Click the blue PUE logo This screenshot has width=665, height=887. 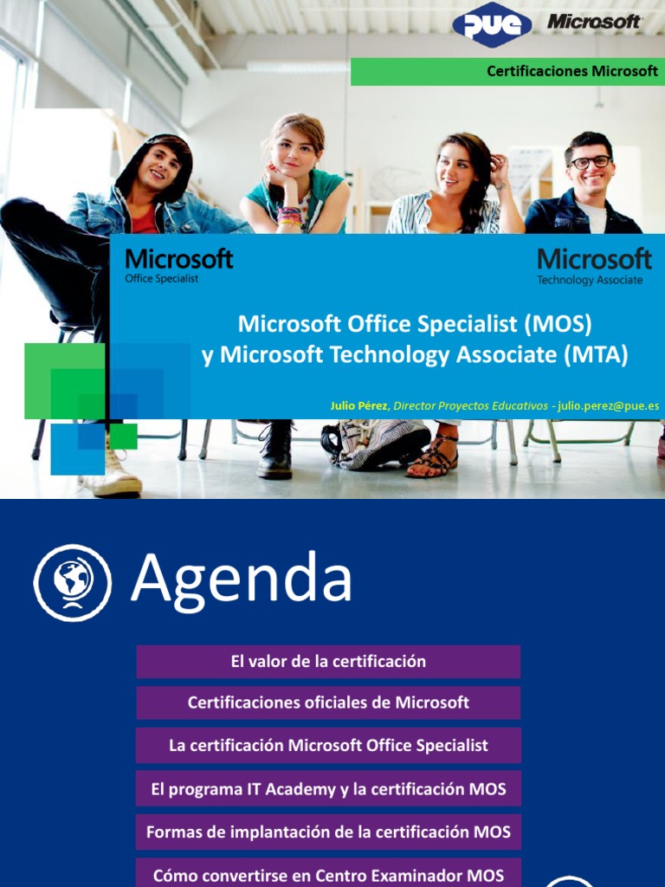coord(492,25)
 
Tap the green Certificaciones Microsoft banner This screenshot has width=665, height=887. coord(507,71)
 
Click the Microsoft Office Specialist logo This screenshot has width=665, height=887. coord(178,265)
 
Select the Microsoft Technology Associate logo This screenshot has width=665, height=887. coord(594,265)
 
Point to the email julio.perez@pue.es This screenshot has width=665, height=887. coord(609,405)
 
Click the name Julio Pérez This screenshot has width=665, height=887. coord(359,405)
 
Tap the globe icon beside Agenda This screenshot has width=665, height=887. coord(73,582)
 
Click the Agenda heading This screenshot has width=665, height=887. coord(242,579)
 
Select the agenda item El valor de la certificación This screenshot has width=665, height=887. coord(328,662)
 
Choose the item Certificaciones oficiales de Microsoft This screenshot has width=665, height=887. coord(328,702)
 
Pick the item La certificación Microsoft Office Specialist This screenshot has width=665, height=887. coord(328,745)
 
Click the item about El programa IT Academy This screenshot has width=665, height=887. coord(328,789)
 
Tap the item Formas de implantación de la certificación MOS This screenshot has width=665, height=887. coord(328,832)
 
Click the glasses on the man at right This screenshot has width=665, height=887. coord(590,162)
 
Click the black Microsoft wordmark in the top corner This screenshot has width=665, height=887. coord(594,23)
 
